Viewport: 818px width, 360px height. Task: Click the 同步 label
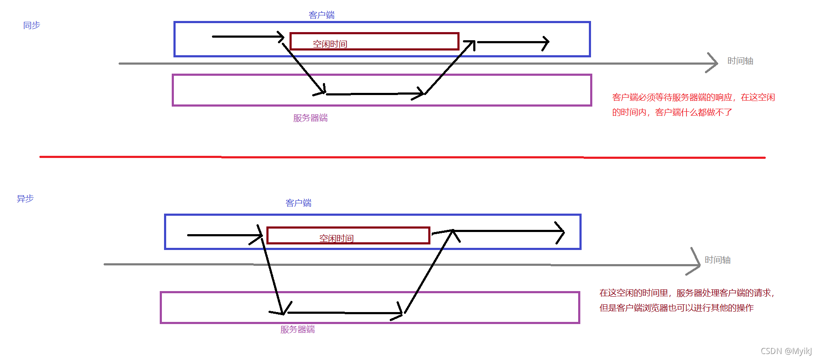[x=32, y=25]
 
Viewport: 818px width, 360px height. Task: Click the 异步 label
[x=25, y=199]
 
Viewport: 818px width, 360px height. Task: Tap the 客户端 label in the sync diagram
[x=322, y=15]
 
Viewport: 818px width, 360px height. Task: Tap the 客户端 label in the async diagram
[x=299, y=203]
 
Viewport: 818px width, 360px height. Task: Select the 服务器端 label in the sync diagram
[x=310, y=118]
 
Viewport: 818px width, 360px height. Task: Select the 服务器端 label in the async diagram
[x=298, y=329]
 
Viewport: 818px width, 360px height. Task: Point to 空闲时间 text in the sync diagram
[x=330, y=44]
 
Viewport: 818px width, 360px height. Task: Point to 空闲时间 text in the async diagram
[x=336, y=238]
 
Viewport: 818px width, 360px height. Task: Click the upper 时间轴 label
[x=740, y=61]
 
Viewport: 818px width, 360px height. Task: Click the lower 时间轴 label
[x=717, y=260]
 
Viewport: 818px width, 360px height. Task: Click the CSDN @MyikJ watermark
[x=786, y=351]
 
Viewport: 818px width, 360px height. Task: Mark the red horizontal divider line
[x=403, y=157]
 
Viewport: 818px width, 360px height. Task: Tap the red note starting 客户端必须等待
[x=693, y=104]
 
